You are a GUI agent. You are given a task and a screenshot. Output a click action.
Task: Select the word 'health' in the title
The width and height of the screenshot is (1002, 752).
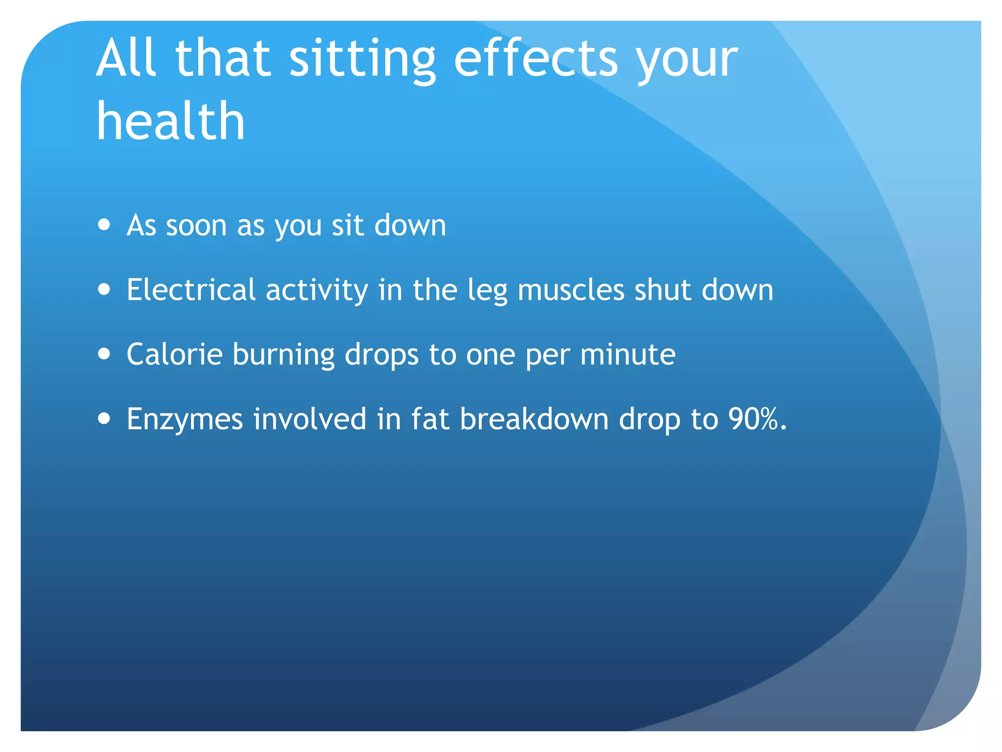tap(171, 121)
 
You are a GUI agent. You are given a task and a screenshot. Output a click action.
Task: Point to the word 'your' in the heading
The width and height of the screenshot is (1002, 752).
tap(687, 61)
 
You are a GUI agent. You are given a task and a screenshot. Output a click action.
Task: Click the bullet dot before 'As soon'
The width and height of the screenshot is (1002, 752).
tap(104, 225)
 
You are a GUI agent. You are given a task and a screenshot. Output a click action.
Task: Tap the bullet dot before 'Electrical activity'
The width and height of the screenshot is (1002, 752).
tap(104, 289)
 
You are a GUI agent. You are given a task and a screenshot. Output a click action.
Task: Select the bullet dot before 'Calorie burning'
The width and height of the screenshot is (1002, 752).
tap(104, 353)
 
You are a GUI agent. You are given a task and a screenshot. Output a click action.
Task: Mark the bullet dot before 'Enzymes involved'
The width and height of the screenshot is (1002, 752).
tap(104, 419)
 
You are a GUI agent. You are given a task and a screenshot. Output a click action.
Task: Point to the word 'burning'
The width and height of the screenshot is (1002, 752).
tap(283, 355)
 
